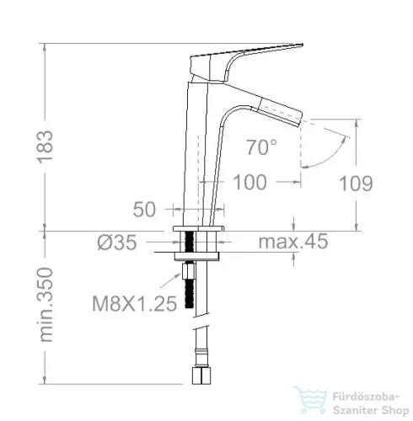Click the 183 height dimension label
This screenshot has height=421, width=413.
(45, 147)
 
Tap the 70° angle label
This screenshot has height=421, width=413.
(261, 147)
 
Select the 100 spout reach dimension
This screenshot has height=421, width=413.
(249, 183)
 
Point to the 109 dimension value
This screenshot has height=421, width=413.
(356, 184)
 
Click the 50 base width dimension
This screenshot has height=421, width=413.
(144, 210)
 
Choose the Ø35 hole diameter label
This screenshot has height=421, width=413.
(117, 242)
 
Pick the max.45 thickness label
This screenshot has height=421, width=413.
(293, 242)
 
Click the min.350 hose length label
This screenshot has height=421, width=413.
(46, 305)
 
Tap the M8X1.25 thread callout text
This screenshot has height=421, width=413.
(135, 304)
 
